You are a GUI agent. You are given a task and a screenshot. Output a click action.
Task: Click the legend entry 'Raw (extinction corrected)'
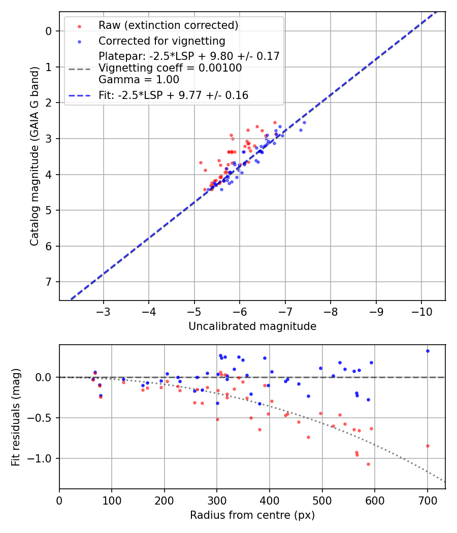tap(168, 25)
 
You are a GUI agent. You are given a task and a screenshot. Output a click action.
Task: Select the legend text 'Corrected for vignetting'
tap(161, 41)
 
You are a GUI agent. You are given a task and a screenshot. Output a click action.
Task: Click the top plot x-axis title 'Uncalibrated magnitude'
tap(252, 326)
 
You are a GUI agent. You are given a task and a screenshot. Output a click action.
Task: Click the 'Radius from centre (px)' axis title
tap(252, 515)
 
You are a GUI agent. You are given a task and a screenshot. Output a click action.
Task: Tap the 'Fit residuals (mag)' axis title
tap(16, 417)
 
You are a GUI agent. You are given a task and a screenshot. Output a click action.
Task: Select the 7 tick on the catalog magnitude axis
tap(49, 282)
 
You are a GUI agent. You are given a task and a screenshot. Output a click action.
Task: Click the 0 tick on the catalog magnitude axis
tap(49, 31)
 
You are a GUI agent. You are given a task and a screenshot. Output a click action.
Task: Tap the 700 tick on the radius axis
tap(428, 499)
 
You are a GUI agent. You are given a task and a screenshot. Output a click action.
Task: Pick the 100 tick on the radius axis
tap(112, 499)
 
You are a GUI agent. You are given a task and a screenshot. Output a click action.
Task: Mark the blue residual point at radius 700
tap(428, 351)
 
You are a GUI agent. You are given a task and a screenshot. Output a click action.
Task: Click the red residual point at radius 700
tap(428, 446)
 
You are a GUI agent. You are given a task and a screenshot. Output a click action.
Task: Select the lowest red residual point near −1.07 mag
tap(368, 464)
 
